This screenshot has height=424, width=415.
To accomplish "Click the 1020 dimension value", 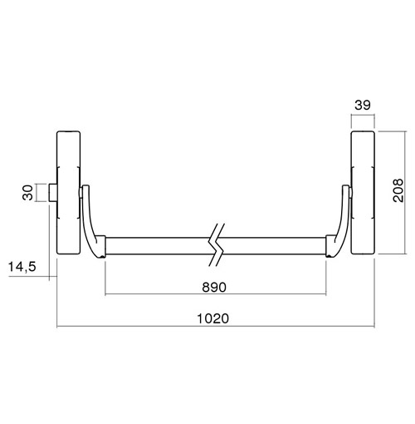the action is [212, 318].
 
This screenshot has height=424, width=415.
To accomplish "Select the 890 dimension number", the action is [214, 288].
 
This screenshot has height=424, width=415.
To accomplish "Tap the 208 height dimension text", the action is [398, 190].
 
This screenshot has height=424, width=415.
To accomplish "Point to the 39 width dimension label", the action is [363, 105].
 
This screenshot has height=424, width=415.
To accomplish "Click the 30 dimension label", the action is [27, 193].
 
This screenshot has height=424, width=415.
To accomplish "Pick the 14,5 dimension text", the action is [22, 267].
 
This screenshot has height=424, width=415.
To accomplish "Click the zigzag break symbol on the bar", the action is [217, 244].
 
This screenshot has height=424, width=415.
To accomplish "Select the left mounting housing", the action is [68, 193].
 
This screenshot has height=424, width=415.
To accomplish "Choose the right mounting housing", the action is [363, 193].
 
